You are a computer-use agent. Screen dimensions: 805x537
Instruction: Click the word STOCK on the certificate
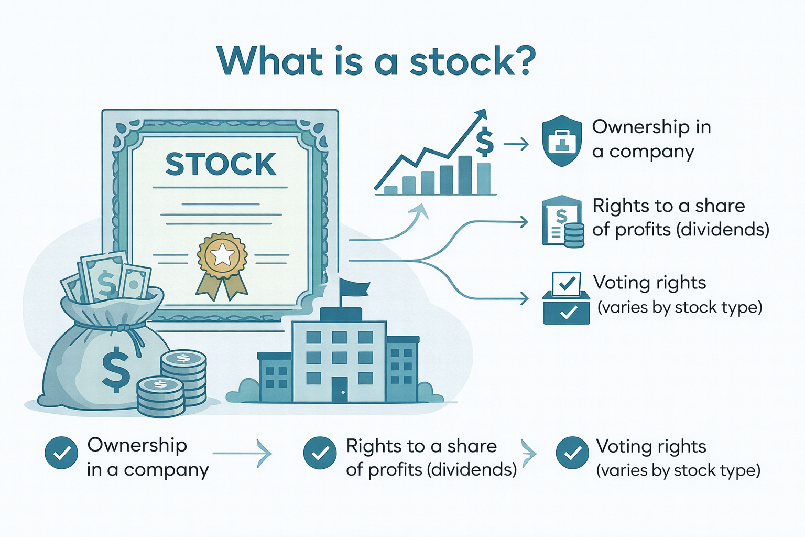[x=221, y=164]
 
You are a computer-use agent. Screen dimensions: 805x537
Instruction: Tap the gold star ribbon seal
[x=222, y=256]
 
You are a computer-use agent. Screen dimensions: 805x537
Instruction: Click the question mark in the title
[x=522, y=61]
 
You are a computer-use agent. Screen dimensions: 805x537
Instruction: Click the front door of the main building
[x=339, y=389]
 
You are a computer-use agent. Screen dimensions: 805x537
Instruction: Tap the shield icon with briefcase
[x=562, y=141]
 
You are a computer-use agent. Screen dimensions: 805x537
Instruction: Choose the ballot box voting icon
[x=566, y=299]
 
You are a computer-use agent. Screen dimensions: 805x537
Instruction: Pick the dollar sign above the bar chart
[x=485, y=142]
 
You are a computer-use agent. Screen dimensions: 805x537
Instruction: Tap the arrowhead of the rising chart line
[x=481, y=115]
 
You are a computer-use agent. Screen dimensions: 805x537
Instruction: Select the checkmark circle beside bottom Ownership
[x=61, y=453]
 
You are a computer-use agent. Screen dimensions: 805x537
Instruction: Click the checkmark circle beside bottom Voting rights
[x=572, y=453]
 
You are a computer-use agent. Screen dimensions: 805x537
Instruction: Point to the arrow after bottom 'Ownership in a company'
[x=242, y=453]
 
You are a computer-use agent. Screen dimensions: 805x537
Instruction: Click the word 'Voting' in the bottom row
[x=622, y=447]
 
